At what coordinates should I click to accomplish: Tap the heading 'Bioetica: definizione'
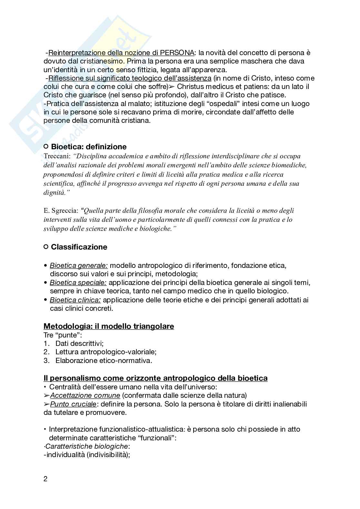89,147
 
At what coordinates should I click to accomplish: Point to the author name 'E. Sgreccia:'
61,211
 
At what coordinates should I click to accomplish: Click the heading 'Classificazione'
79,247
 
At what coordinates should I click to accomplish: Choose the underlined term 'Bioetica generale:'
79,266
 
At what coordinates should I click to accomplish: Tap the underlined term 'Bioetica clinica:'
75,300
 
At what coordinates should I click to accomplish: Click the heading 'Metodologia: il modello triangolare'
109,326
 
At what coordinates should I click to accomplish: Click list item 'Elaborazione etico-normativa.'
104,360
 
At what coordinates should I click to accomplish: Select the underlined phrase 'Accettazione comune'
85,396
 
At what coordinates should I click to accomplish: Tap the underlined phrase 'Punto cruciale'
73,404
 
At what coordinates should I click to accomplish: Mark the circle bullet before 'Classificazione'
46,247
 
